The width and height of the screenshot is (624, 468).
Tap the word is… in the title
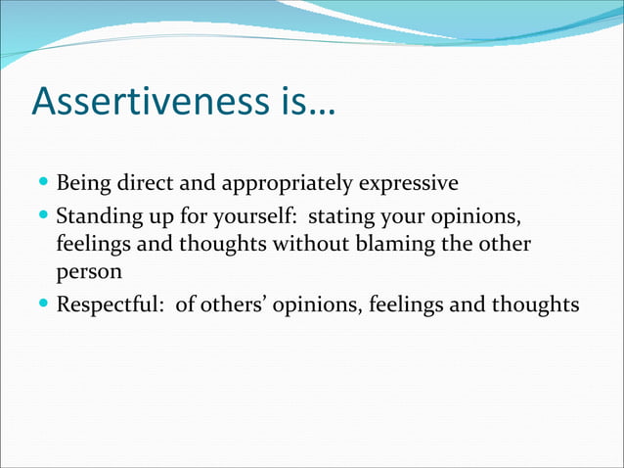click(304, 102)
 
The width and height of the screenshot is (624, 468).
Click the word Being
click(82, 183)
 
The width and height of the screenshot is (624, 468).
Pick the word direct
click(141, 183)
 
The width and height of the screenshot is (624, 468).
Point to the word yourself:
click(258, 214)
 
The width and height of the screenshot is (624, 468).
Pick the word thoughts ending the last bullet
click(537, 305)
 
